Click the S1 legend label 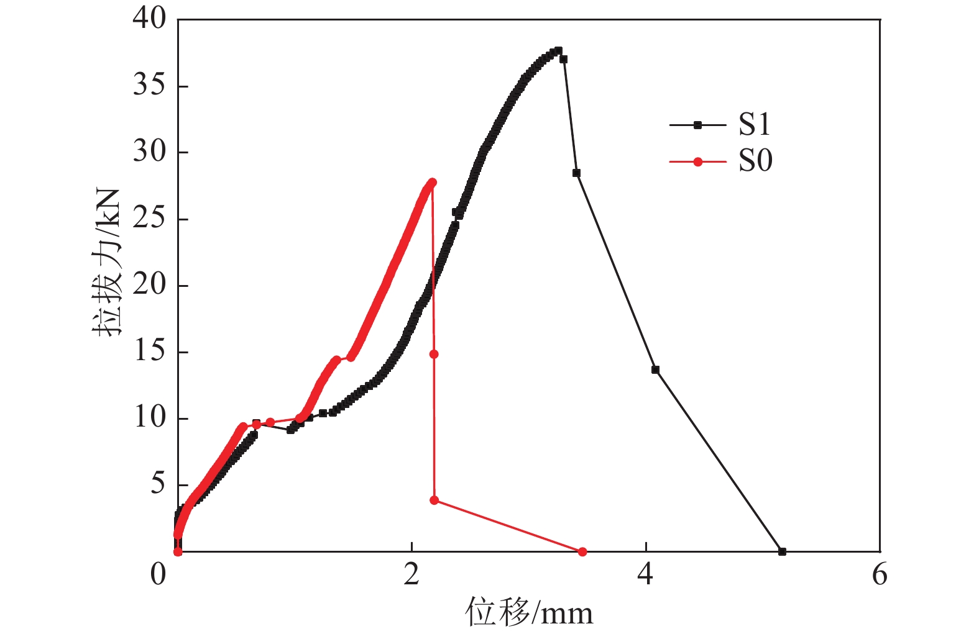tap(754, 125)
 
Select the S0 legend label tap(755, 161)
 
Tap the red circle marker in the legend tap(697, 162)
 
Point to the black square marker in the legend tap(697, 125)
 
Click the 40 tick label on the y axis tap(150, 19)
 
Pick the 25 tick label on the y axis tap(150, 219)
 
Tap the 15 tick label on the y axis tap(150, 351)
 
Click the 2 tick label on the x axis tap(411, 575)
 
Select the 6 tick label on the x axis tap(880, 575)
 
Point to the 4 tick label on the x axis tap(645, 575)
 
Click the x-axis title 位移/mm tap(529, 614)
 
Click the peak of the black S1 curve tap(558, 50)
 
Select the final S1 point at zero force tap(782, 551)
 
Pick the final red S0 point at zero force tap(582, 551)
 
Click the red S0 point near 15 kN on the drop tap(434, 354)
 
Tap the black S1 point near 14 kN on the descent tap(655, 370)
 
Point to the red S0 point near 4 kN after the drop tap(434, 500)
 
